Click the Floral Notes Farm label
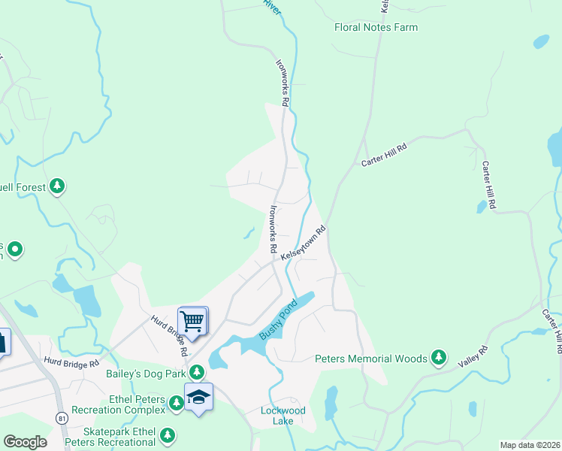pyautogui.click(x=376, y=28)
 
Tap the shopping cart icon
pyautogui.click(x=192, y=322)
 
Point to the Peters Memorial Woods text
pyautogui.click(x=371, y=359)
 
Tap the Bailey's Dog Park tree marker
pyautogui.click(x=197, y=371)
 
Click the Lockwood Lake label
pyautogui.click(x=283, y=416)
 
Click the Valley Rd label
pyautogui.click(x=473, y=356)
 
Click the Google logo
pyautogui.click(x=25, y=442)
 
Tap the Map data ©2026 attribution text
pyautogui.click(x=530, y=445)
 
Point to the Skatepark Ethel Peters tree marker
pyautogui.click(x=168, y=434)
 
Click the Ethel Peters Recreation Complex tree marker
pyautogui.click(x=177, y=404)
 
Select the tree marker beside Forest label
pyautogui.click(x=57, y=186)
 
